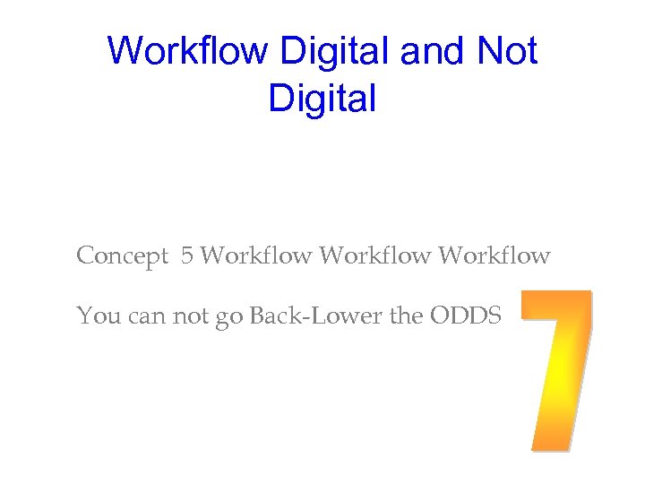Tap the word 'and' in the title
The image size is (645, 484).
(434, 51)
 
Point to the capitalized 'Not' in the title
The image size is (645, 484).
(508, 51)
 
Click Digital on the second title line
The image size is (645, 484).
(322, 99)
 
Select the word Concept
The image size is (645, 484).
(123, 256)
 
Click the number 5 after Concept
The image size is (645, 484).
(186, 256)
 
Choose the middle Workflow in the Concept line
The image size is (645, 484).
(375, 256)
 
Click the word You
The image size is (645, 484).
(95, 315)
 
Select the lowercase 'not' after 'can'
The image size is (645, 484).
(187, 316)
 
